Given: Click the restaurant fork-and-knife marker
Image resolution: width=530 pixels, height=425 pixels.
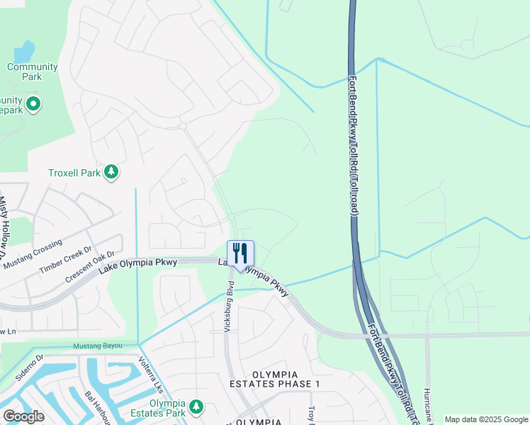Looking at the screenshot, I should click(240, 254).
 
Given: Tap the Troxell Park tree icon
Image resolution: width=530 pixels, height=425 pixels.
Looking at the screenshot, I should click(111, 172).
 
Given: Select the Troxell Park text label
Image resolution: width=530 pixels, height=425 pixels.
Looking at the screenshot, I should click(74, 173).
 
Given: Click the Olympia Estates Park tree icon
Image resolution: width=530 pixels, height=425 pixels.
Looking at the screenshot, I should click(196, 407).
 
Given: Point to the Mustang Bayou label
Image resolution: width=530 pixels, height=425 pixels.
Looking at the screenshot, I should click(98, 346).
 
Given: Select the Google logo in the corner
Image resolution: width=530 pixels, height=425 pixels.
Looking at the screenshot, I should click(23, 416).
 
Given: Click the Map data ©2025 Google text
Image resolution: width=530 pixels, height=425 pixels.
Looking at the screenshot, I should click(486, 419).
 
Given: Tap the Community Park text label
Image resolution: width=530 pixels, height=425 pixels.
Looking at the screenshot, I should click(33, 72).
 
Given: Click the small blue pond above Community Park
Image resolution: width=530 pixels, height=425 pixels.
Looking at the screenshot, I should click(25, 51).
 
